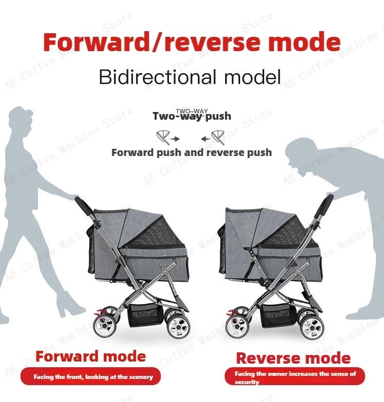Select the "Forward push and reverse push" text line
point(191,152)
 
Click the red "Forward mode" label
point(91,356)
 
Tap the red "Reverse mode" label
point(293,358)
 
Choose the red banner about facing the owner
point(295,377)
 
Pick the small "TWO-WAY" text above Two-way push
point(192,111)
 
